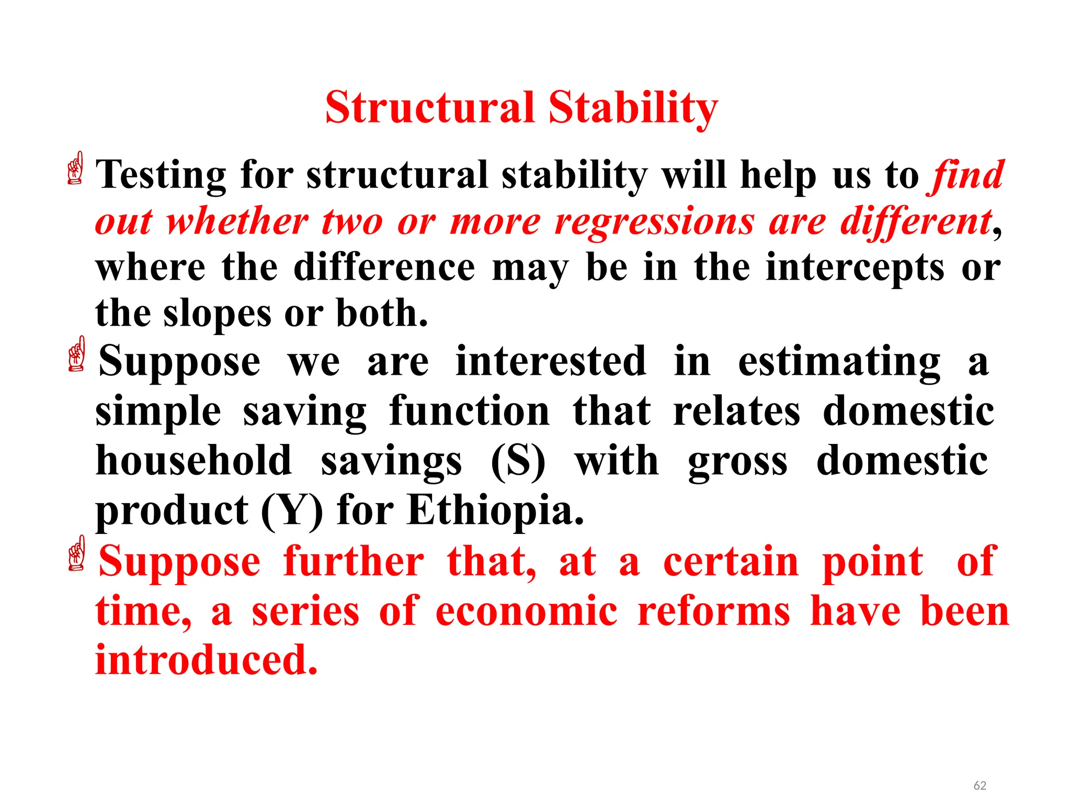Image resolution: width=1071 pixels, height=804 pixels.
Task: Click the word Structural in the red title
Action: click(429, 108)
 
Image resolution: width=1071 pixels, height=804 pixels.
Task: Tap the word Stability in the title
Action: click(633, 108)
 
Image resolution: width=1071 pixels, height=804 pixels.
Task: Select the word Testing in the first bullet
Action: click(162, 175)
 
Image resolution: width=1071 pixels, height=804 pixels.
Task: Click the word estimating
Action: click(839, 362)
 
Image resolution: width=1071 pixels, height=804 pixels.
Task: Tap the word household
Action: click(194, 461)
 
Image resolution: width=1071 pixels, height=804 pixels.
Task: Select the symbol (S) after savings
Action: click(518, 461)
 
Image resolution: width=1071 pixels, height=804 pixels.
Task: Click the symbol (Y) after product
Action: click(292, 511)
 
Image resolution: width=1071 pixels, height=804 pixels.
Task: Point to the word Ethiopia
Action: click(495, 510)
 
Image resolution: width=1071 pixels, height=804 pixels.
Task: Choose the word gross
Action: click(737, 461)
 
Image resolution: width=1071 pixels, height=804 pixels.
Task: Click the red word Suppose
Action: click(179, 562)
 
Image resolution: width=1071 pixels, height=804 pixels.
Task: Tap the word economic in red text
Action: click(526, 611)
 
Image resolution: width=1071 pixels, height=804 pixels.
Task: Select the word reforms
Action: click(714, 611)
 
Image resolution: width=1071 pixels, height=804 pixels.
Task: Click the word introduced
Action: click(207, 660)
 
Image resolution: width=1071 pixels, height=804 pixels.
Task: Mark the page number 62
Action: click(979, 785)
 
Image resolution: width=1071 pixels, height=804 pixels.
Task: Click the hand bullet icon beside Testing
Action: click(76, 168)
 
